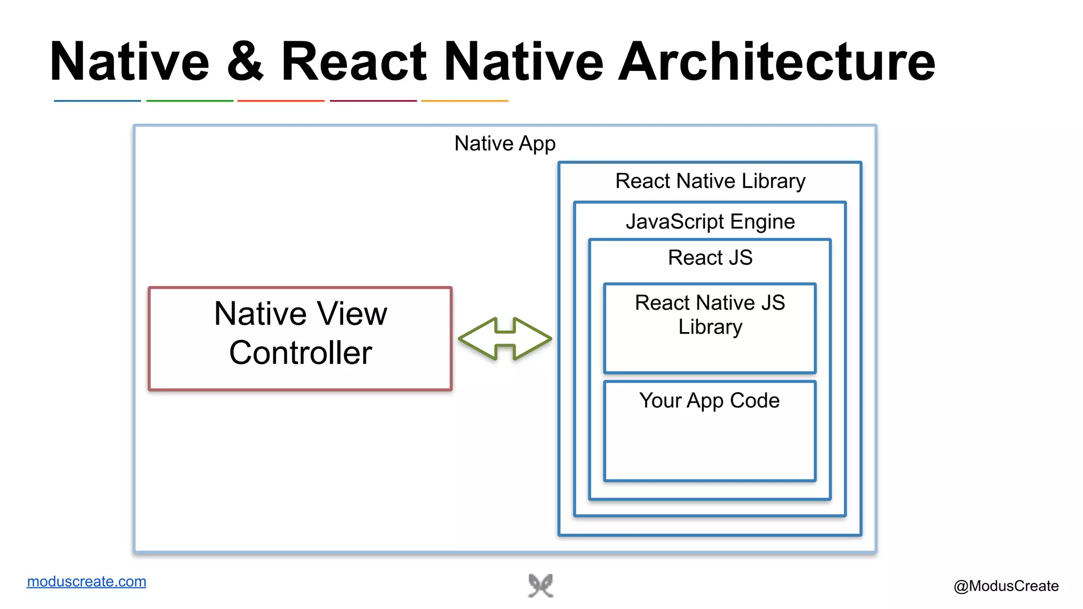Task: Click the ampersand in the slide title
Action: pos(245,62)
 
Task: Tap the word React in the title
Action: pos(353,62)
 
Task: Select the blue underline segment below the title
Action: pos(97,100)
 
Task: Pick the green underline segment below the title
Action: pos(189,100)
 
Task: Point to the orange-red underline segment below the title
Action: pos(281,100)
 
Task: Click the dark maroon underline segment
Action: pos(373,100)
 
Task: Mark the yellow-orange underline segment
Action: pos(464,100)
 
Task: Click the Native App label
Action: pos(504,144)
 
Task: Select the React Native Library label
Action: pos(710,181)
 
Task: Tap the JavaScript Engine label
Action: pos(710,222)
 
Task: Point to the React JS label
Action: pos(710,258)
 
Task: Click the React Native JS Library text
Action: pos(710,315)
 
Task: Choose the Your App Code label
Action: pos(709,401)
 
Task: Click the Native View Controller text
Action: pos(300,333)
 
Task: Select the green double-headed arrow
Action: pos(505,339)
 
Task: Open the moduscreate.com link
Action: pos(86,582)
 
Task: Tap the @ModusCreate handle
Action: pos(1006,586)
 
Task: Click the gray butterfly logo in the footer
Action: pos(540,586)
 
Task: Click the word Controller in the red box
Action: pos(300,353)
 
